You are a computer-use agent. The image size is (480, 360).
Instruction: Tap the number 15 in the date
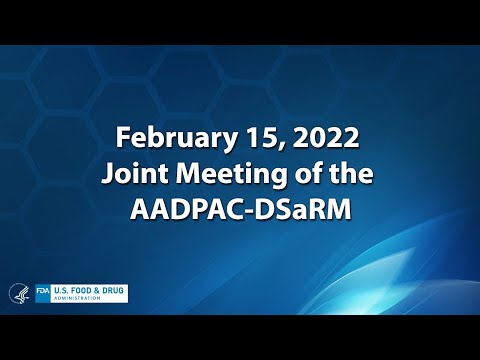[x=250, y=136]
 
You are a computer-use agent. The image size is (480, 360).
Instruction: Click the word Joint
[x=132, y=172]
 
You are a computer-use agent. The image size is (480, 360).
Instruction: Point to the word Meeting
[x=221, y=173]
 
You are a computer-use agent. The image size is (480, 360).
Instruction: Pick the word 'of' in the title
[x=299, y=172]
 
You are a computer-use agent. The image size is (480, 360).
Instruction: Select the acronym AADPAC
[x=184, y=209]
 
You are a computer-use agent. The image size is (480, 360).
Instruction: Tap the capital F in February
[x=122, y=136]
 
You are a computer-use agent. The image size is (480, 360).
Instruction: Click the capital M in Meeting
[x=177, y=172]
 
